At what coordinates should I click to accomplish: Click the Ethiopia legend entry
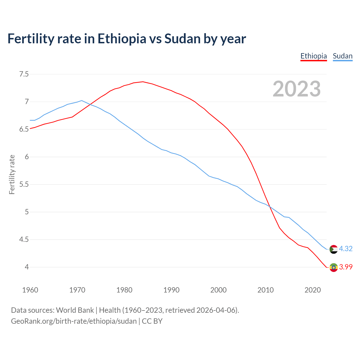pyautogui.click(x=314, y=56)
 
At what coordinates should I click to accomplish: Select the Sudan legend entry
pyautogui.click(x=343, y=56)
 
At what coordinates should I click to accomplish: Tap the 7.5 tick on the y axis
pyautogui.click(x=24, y=74)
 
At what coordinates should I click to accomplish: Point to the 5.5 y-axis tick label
pyautogui.click(x=24, y=184)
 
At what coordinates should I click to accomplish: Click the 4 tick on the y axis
pyautogui.click(x=27, y=267)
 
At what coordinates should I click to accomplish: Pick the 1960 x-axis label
pyautogui.click(x=30, y=290)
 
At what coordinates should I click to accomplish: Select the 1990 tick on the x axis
pyautogui.click(x=171, y=290)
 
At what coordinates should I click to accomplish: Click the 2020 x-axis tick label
pyautogui.click(x=312, y=290)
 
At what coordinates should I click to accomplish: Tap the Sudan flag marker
pyautogui.click(x=334, y=249)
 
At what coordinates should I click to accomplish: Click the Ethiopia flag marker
pyautogui.click(x=334, y=267)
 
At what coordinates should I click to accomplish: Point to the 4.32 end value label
pyautogui.click(x=346, y=249)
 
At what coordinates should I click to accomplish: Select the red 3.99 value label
pyautogui.click(x=346, y=267)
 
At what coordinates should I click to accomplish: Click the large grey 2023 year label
pyautogui.click(x=297, y=89)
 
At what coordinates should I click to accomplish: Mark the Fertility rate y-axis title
pyautogui.click(x=12, y=174)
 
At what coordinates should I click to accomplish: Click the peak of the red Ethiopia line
pyautogui.click(x=143, y=82)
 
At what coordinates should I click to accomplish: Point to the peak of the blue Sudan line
pyautogui.click(x=82, y=100)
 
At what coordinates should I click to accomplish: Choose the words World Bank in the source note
pyautogui.click(x=75, y=310)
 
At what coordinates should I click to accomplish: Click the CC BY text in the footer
pyautogui.click(x=152, y=321)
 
